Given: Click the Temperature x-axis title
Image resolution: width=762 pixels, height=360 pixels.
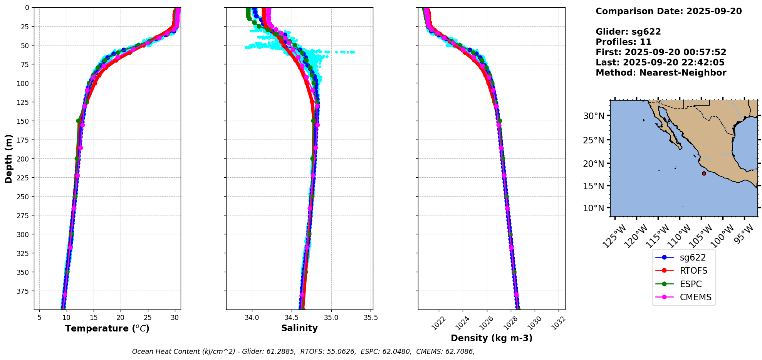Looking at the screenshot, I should pyautogui.click(x=107, y=328).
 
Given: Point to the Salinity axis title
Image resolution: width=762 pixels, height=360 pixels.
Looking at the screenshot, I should pyautogui.click(x=299, y=328).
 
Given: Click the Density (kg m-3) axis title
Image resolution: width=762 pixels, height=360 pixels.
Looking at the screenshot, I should pyautogui.click(x=492, y=338).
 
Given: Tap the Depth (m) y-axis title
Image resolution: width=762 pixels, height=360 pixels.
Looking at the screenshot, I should pyautogui.click(x=8, y=158).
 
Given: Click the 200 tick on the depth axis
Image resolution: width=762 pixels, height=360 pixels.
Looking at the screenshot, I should pyautogui.click(x=24, y=159).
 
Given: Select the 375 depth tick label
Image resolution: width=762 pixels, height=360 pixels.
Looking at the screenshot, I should pyautogui.click(x=24, y=291).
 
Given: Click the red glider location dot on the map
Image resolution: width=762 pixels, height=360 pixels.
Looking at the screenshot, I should pyautogui.click(x=704, y=173).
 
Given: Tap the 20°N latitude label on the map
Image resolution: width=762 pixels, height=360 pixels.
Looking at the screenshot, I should pyautogui.click(x=594, y=164).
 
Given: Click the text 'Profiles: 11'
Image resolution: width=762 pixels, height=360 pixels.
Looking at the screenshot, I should pyautogui.click(x=623, y=42).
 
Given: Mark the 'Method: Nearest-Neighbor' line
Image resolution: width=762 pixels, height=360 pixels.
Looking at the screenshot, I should pyautogui.click(x=661, y=73).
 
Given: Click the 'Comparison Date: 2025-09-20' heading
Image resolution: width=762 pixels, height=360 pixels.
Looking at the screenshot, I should pyautogui.click(x=668, y=11).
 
